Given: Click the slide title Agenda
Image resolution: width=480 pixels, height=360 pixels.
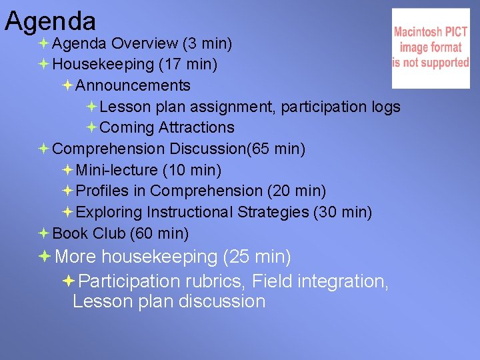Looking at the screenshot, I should click(x=51, y=21).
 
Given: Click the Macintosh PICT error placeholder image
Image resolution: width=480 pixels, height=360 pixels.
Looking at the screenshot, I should click(x=431, y=48).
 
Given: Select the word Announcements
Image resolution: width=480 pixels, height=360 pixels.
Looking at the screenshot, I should click(x=133, y=86).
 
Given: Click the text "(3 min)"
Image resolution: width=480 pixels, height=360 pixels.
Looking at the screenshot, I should click(x=207, y=44).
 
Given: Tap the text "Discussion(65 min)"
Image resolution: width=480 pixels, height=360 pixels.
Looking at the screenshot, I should click(x=238, y=149).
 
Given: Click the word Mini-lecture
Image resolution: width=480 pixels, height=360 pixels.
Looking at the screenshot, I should click(x=117, y=171).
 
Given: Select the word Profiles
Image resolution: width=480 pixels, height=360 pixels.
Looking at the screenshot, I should click(x=103, y=191).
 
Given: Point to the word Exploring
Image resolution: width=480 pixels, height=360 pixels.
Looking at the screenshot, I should click(x=109, y=213).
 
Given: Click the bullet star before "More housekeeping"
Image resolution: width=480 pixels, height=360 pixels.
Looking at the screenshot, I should click(x=45, y=256).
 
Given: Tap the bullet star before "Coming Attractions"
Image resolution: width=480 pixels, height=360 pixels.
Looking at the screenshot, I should click(x=91, y=127).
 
